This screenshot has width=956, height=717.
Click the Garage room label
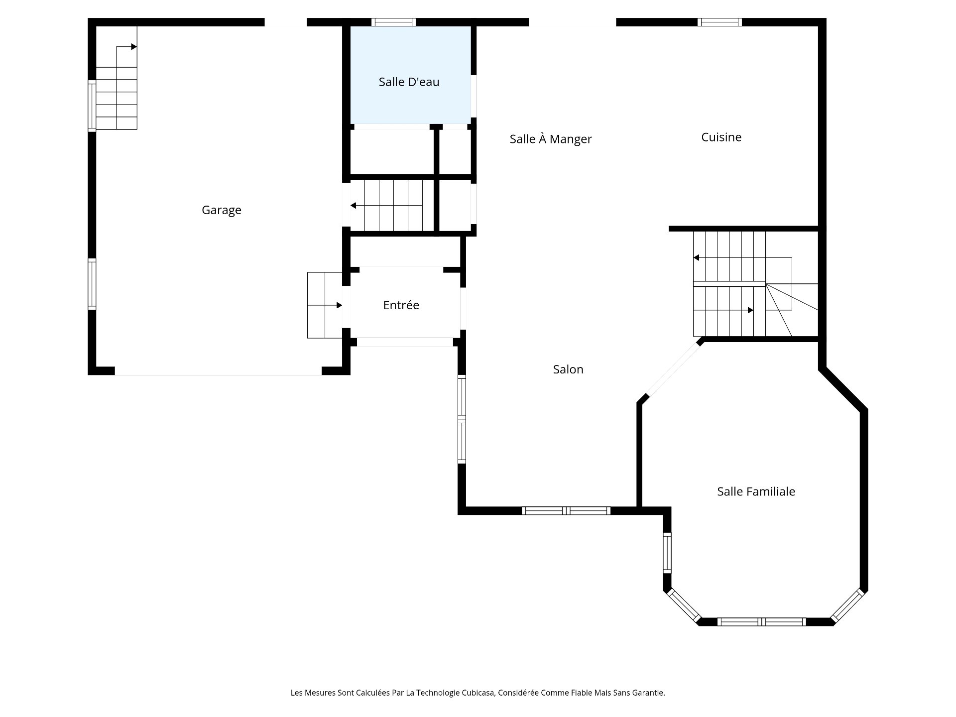[222, 211]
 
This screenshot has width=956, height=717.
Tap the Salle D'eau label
[409, 82]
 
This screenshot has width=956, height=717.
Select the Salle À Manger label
[551, 139]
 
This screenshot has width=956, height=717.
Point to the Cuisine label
[721, 137]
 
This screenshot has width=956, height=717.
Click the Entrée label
[401, 305]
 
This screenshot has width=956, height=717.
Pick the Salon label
[568, 369]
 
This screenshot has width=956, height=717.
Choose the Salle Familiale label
[756, 491]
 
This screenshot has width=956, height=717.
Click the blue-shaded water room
[411, 75]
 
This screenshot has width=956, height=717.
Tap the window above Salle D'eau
[394, 22]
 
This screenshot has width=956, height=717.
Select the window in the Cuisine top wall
[719, 22]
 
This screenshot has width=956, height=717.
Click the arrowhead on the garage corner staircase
[134, 47]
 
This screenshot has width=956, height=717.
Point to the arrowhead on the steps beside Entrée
[340, 305]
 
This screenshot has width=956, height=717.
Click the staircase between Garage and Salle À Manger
[386, 206]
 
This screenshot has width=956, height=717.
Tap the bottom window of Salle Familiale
[761, 621]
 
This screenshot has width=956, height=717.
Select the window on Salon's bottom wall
[566, 510]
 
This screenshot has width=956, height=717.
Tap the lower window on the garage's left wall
[92, 284]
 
